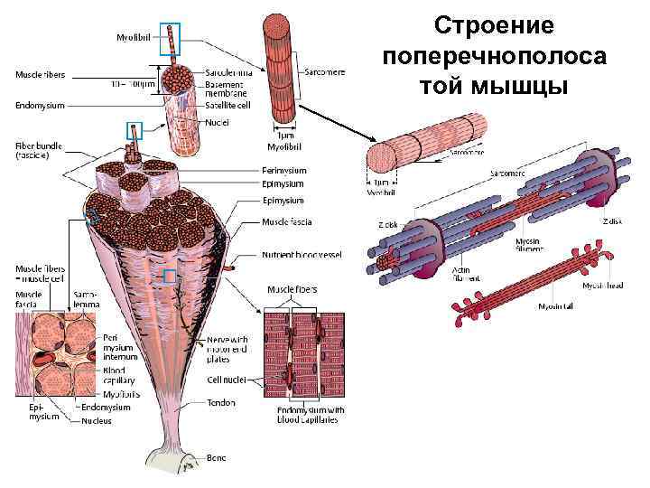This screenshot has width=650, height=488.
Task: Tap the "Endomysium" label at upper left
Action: coord(40,105)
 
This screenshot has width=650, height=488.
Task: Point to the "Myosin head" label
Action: coord(602,285)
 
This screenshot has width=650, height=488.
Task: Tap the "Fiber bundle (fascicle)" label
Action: coord(34,150)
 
